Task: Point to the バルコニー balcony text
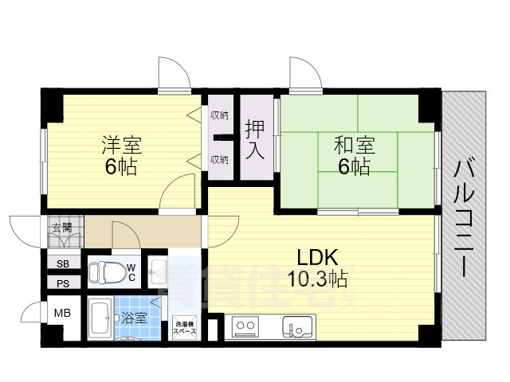coord(464,218)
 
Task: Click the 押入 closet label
coord(255,138)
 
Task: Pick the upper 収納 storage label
coord(220,116)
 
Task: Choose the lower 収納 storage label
coord(220,159)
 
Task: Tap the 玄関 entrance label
coord(61,228)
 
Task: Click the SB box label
coord(62,264)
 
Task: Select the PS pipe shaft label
coord(62,283)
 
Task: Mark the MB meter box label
coord(62,313)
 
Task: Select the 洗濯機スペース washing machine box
coord(185,327)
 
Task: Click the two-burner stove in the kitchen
coord(245,326)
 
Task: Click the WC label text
coord(131,271)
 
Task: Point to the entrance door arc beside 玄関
coord(24,231)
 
